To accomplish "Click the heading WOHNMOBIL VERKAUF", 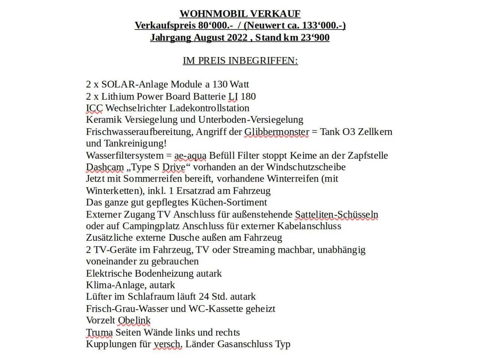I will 240,14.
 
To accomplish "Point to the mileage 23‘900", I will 315,37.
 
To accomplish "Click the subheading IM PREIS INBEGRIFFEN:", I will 240,61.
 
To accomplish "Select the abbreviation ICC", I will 94,108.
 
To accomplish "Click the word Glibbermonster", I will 277,132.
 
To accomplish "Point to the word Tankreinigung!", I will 135,144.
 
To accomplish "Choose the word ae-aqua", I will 190,155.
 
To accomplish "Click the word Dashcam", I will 105,167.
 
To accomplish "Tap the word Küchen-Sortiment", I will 229,202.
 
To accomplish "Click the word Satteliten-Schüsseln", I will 336,214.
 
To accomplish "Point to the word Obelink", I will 134,320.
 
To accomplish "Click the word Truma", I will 99,332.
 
